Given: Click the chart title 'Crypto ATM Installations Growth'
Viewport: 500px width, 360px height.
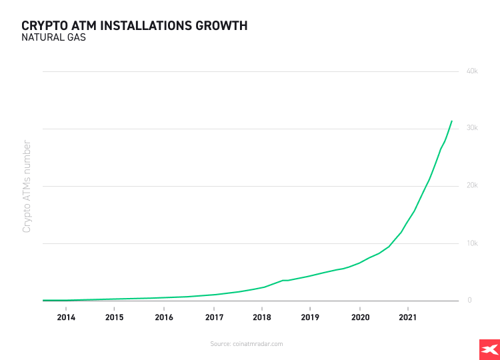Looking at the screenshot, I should pyautogui.click(x=134, y=25).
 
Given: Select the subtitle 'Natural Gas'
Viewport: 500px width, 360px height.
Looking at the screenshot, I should pyautogui.click(x=53, y=38).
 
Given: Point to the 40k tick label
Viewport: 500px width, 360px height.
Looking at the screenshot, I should pyautogui.click(x=472, y=71).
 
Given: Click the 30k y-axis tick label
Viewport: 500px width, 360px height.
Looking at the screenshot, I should pyautogui.click(x=472, y=128).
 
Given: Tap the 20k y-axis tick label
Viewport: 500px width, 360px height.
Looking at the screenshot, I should pyautogui.click(x=472, y=185).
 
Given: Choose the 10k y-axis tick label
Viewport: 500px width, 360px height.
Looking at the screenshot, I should pyautogui.click(x=472, y=243).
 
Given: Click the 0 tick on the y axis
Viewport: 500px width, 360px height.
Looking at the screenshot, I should pyautogui.click(x=469, y=301).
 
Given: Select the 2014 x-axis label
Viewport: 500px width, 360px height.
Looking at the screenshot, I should pyautogui.click(x=66, y=317).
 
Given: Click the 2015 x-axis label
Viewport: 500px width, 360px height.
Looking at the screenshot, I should pyautogui.click(x=115, y=317).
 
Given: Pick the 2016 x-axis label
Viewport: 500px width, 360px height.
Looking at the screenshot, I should pyautogui.click(x=164, y=317).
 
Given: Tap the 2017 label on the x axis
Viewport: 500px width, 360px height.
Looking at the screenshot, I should pyautogui.click(x=213, y=317).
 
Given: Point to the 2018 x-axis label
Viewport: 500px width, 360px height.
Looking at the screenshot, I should pyautogui.click(x=262, y=317).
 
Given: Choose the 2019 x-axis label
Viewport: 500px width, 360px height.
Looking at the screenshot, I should pyautogui.click(x=311, y=317).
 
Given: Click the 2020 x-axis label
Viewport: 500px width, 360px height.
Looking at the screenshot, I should pyautogui.click(x=360, y=317).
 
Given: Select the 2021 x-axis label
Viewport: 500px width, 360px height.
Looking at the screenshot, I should pyautogui.click(x=408, y=317).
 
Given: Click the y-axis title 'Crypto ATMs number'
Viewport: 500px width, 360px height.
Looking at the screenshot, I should pyautogui.click(x=27, y=186).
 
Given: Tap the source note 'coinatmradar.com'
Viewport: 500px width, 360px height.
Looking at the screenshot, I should pyautogui.click(x=247, y=344).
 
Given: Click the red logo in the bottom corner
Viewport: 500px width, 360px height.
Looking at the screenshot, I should pyautogui.click(x=489, y=349).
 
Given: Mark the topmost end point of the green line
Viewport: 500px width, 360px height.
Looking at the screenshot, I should pyautogui.click(x=452, y=121).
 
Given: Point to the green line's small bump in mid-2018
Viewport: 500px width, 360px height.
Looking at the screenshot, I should pyautogui.click(x=284, y=280).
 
